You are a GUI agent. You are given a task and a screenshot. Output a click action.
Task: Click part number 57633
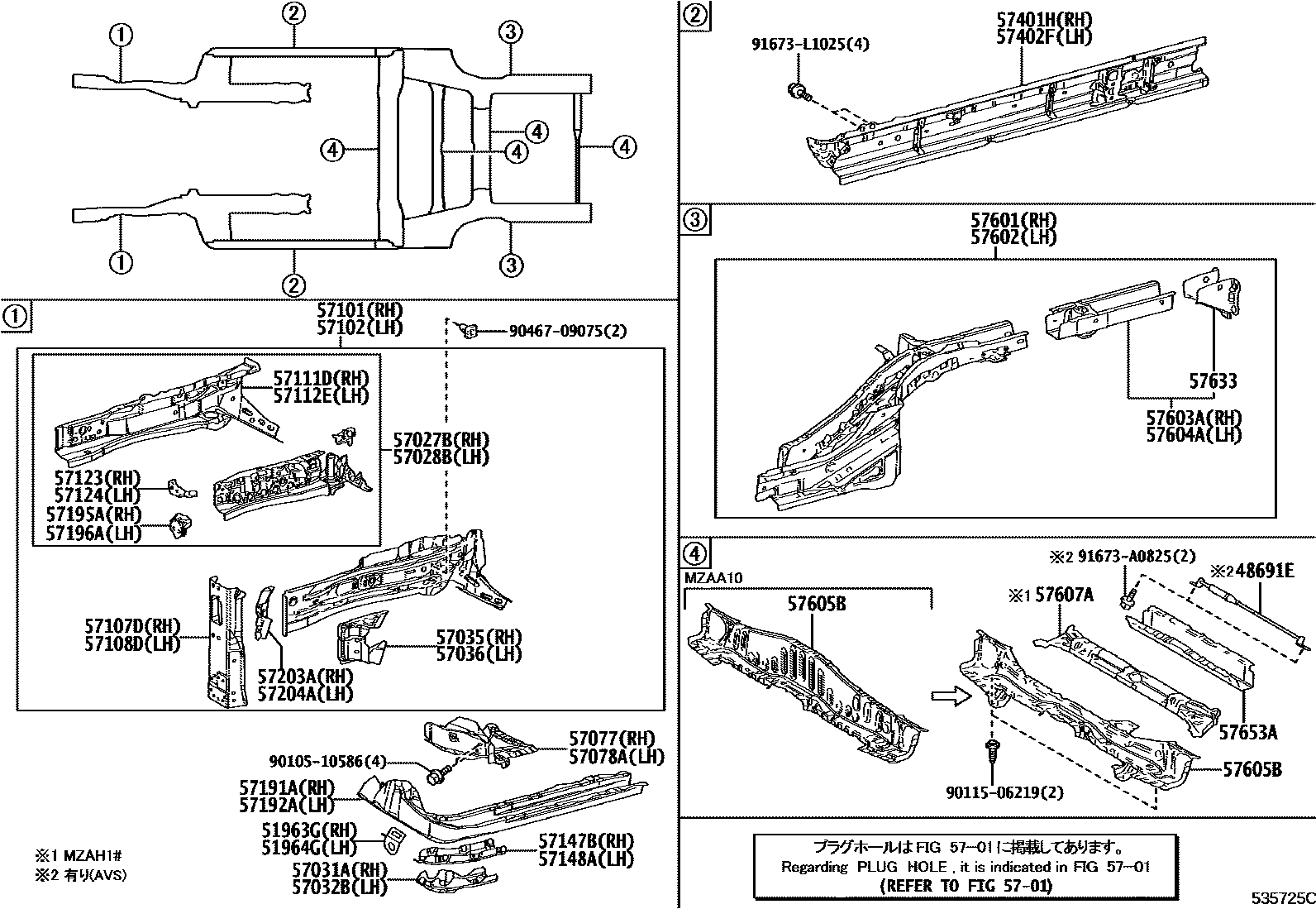(1213, 381)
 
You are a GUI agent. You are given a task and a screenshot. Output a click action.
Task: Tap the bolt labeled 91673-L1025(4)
(799, 90)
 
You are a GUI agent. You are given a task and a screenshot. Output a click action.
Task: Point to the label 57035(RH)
(479, 637)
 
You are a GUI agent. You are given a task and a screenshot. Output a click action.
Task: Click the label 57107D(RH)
(132, 625)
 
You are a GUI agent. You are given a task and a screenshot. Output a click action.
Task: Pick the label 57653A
(1248, 732)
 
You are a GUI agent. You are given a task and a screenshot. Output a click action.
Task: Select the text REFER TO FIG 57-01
(966, 886)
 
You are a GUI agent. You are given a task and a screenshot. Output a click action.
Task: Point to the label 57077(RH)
(611, 739)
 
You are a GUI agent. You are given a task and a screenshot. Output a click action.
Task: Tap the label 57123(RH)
(97, 478)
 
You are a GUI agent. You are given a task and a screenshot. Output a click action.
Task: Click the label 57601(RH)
(1013, 221)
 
